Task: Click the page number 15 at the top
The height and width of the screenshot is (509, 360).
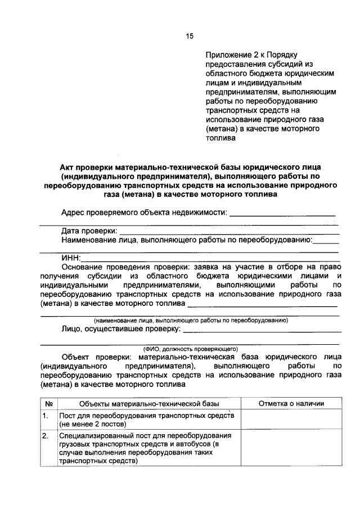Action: [190, 37]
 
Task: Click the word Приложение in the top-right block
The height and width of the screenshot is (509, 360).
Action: [225, 55]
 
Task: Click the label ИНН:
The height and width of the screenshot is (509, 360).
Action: [70, 258]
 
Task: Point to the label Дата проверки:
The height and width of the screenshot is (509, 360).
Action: [89, 231]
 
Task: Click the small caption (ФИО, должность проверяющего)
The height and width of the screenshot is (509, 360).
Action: [191, 348]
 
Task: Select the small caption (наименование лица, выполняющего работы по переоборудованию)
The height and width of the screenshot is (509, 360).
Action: [191, 321]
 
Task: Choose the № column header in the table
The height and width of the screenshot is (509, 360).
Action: [49, 403]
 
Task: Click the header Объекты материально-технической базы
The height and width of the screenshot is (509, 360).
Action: [148, 403]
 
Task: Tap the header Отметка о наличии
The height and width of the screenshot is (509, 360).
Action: [291, 403]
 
